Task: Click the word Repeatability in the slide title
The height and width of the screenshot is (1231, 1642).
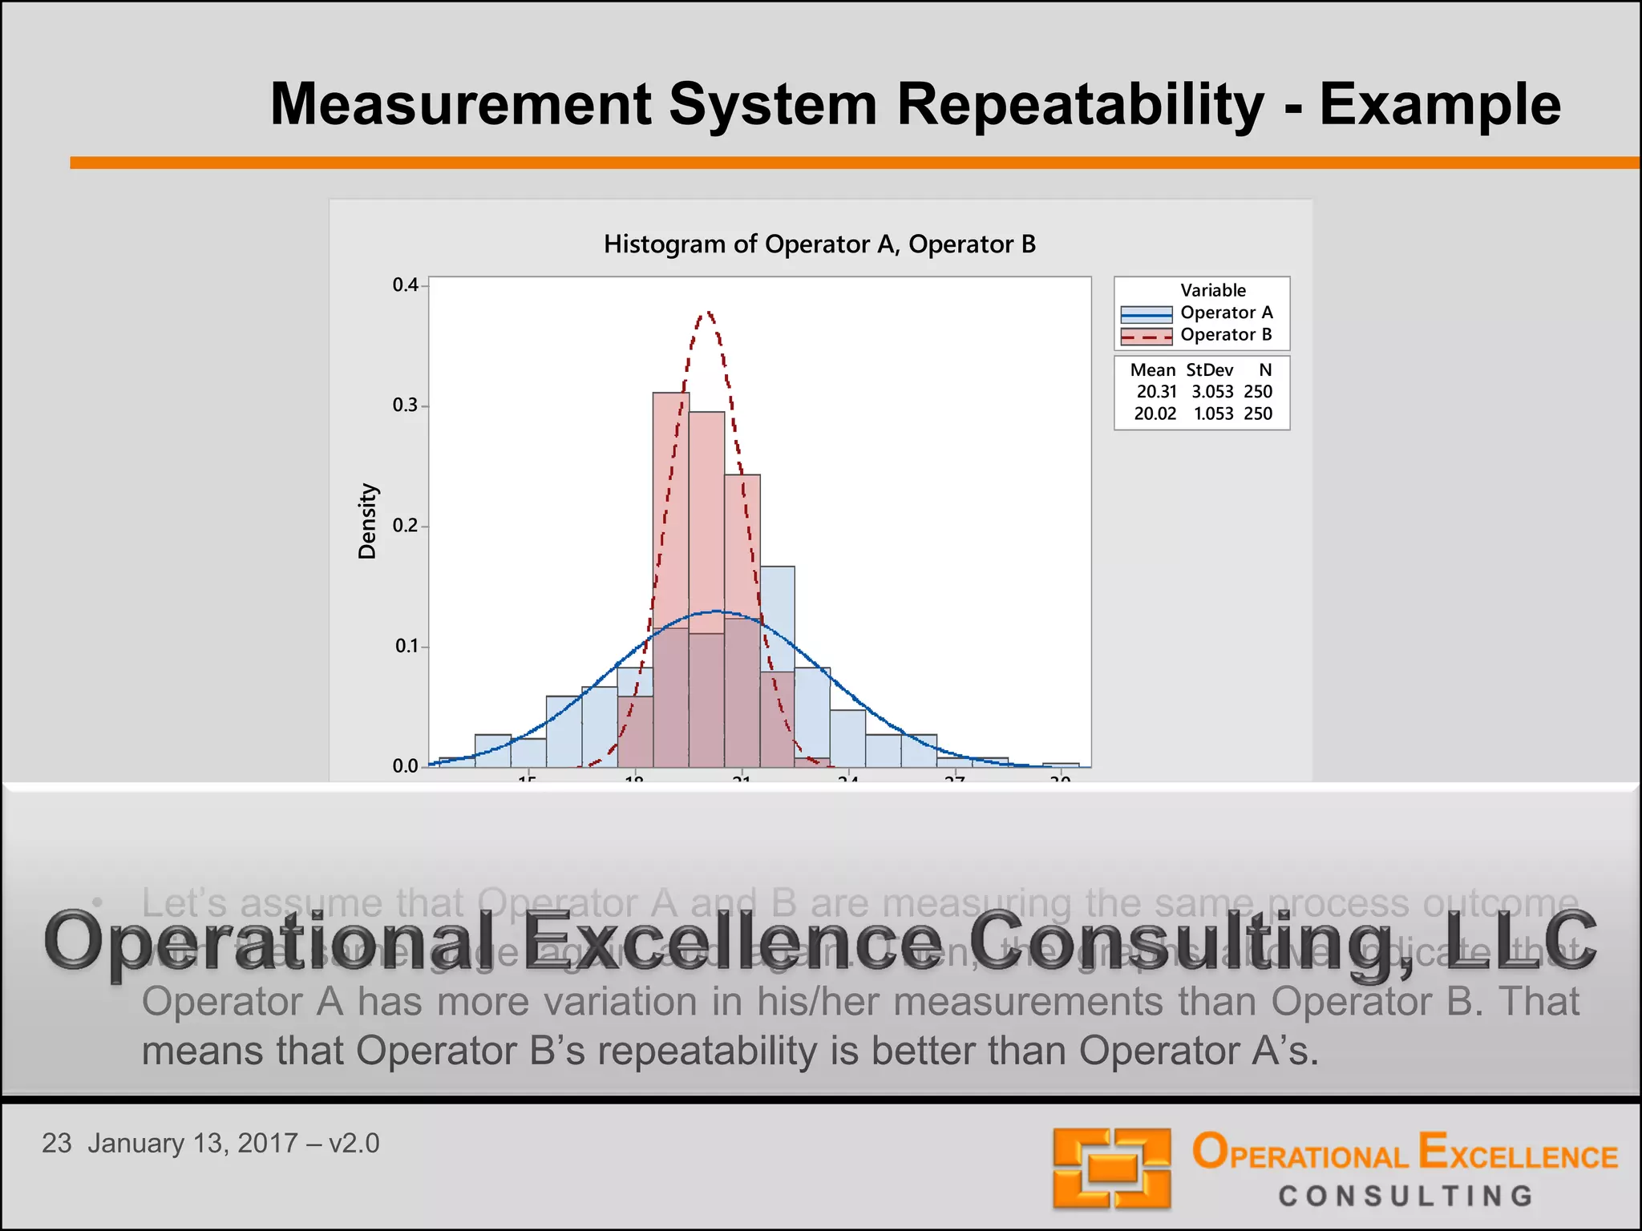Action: [x=1079, y=105]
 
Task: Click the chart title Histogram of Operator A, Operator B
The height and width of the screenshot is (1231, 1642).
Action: [x=819, y=244]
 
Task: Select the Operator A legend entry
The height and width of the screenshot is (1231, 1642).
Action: [x=1226, y=313]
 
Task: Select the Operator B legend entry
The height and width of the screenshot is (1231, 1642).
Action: [x=1226, y=335]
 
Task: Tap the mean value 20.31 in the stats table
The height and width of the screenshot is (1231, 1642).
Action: [x=1156, y=392]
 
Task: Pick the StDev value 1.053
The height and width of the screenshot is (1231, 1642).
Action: [x=1213, y=414]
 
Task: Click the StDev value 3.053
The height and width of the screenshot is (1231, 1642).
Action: [x=1212, y=392]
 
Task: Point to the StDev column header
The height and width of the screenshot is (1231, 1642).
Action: [x=1209, y=370]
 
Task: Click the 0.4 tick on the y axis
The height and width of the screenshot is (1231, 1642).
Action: [x=406, y=285]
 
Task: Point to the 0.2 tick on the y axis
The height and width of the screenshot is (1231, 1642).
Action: [x=406, y=526]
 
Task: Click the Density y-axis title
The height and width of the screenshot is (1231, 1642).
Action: [x=367, y=521]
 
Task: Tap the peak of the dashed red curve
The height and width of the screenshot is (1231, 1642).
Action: [x=706, y=313]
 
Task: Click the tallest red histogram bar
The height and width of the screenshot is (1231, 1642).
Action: [x=670, y=513]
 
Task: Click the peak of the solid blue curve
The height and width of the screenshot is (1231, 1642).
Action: [x=716, y=611]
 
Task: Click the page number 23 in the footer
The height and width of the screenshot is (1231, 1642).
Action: [x=56, y=1143]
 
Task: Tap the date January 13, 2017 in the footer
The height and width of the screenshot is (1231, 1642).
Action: [x=192, y=1143]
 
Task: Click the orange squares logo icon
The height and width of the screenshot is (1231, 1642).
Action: [x=1111, y=1168]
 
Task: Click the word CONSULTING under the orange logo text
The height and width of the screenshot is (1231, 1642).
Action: [x=1405, y=1197]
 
